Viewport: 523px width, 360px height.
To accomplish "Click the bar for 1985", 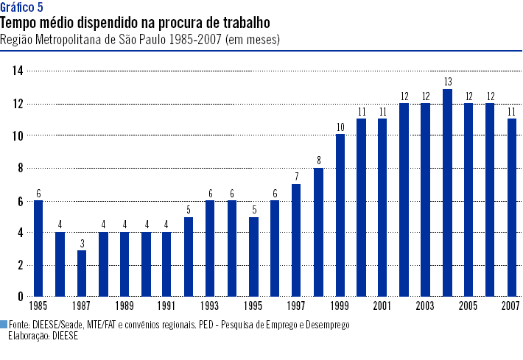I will coord(38,248).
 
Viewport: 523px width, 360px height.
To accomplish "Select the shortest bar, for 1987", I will coord(81,273).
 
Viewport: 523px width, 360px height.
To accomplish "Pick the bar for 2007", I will coord(511,208).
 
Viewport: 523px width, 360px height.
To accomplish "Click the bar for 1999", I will coord(340,215).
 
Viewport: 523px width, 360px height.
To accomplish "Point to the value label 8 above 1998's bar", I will coord(318,160).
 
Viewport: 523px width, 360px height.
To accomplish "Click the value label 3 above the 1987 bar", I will coord(81,242).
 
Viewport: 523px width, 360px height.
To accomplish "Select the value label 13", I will coord(447,80).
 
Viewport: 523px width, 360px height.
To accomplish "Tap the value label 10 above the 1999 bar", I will coord(340,127).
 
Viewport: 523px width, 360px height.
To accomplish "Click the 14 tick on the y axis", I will coord(18,71).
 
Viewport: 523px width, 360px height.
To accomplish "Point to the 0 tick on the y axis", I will coord(21,297).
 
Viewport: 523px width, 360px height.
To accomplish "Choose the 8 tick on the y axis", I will coord(21,168).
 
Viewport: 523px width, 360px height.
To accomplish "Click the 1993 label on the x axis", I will coord(210,306).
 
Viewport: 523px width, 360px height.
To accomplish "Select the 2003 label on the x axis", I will coord(425,306).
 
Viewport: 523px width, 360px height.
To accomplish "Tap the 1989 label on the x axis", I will coord(124,306).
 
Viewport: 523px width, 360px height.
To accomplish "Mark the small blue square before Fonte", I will coord(4,324).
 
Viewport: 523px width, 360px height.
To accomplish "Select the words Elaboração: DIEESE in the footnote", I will coord(43,335).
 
